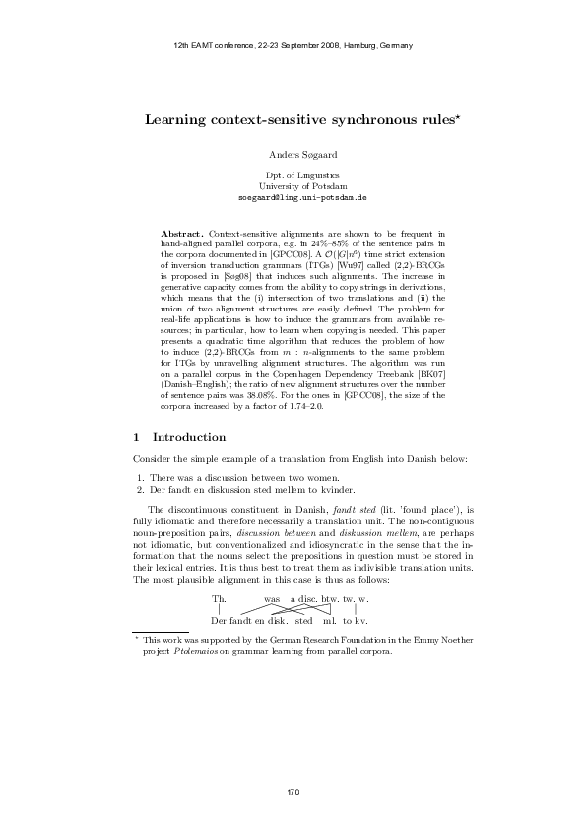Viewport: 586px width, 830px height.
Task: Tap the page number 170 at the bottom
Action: (293, 793)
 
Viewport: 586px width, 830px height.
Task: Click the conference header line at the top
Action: (293, 46)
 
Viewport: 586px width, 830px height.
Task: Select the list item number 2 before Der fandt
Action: (140, 489)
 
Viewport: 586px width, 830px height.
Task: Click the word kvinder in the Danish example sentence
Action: (359, 489)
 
